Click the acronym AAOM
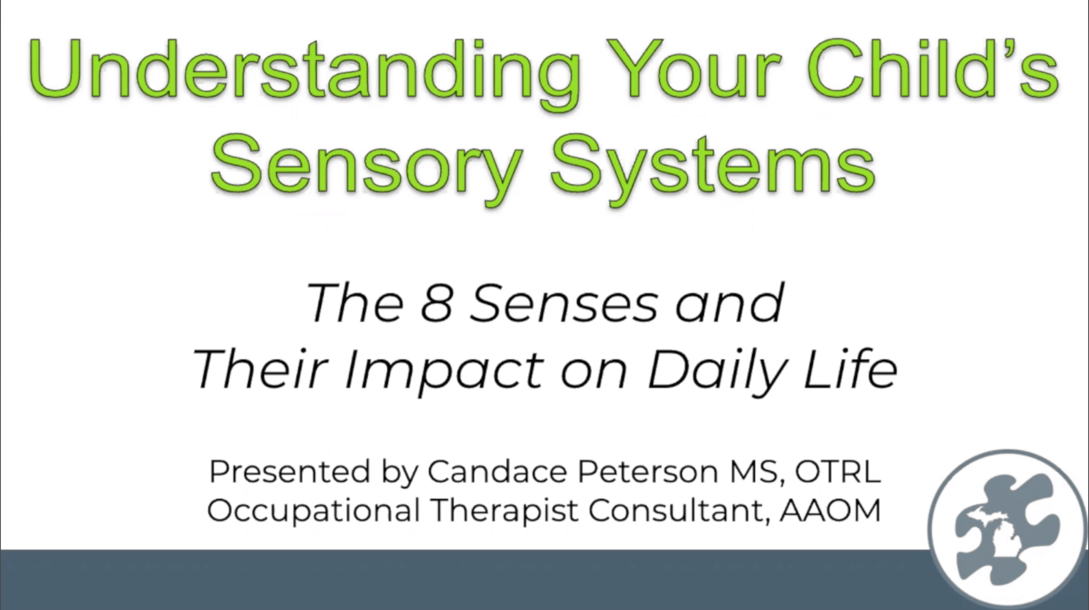[830, 510]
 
